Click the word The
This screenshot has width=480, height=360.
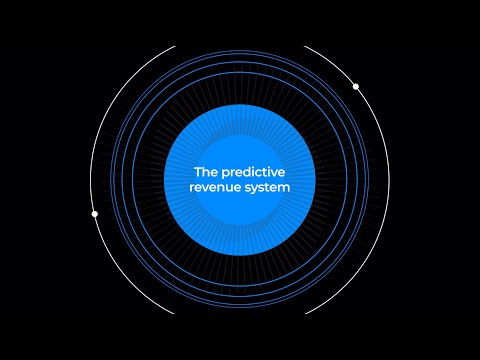(x=205, y=172)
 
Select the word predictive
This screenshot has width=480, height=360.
(x=251, y=172)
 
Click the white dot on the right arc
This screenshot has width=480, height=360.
(x=356, y=87)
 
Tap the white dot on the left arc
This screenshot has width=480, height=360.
(x=95, y=214)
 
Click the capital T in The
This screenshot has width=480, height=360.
(x=198, y=172)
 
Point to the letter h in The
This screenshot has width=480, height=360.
(x=205, y=172)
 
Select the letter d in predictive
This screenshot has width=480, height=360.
(x=243, y=172)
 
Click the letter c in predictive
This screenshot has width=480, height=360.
(x=256, y=173)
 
